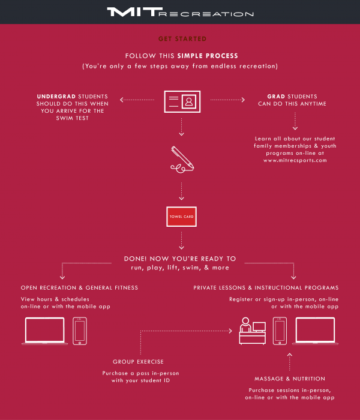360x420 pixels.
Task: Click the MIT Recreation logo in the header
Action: point(180,12)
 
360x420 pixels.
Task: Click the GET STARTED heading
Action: point(182,39)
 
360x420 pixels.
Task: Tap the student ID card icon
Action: point(182,101)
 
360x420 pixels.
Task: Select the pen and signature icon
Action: point(182,160)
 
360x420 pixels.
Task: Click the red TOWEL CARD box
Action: point(181,217)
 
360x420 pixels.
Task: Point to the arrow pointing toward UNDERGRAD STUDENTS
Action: point(137,100)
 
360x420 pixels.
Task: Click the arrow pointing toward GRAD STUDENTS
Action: point(227,100)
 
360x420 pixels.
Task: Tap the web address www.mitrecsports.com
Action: point(295,160)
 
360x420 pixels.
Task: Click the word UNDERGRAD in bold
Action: point(56,97)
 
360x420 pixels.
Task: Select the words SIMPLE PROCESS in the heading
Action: point(208,56)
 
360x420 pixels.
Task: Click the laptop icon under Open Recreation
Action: point(44,331)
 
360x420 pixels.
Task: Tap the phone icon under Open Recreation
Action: point(80,331)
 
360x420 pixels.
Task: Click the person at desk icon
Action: point(253,331)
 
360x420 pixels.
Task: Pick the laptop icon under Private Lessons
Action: point(315,331)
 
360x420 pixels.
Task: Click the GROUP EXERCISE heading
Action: point(138,362)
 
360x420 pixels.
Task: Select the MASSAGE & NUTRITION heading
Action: point(290,379)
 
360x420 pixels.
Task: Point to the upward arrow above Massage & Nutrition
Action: point(290,362)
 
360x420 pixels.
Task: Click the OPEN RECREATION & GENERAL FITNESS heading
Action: point(79,287)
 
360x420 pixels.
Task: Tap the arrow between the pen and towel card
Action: point(181,191)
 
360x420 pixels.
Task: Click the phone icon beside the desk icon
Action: point(280,331)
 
